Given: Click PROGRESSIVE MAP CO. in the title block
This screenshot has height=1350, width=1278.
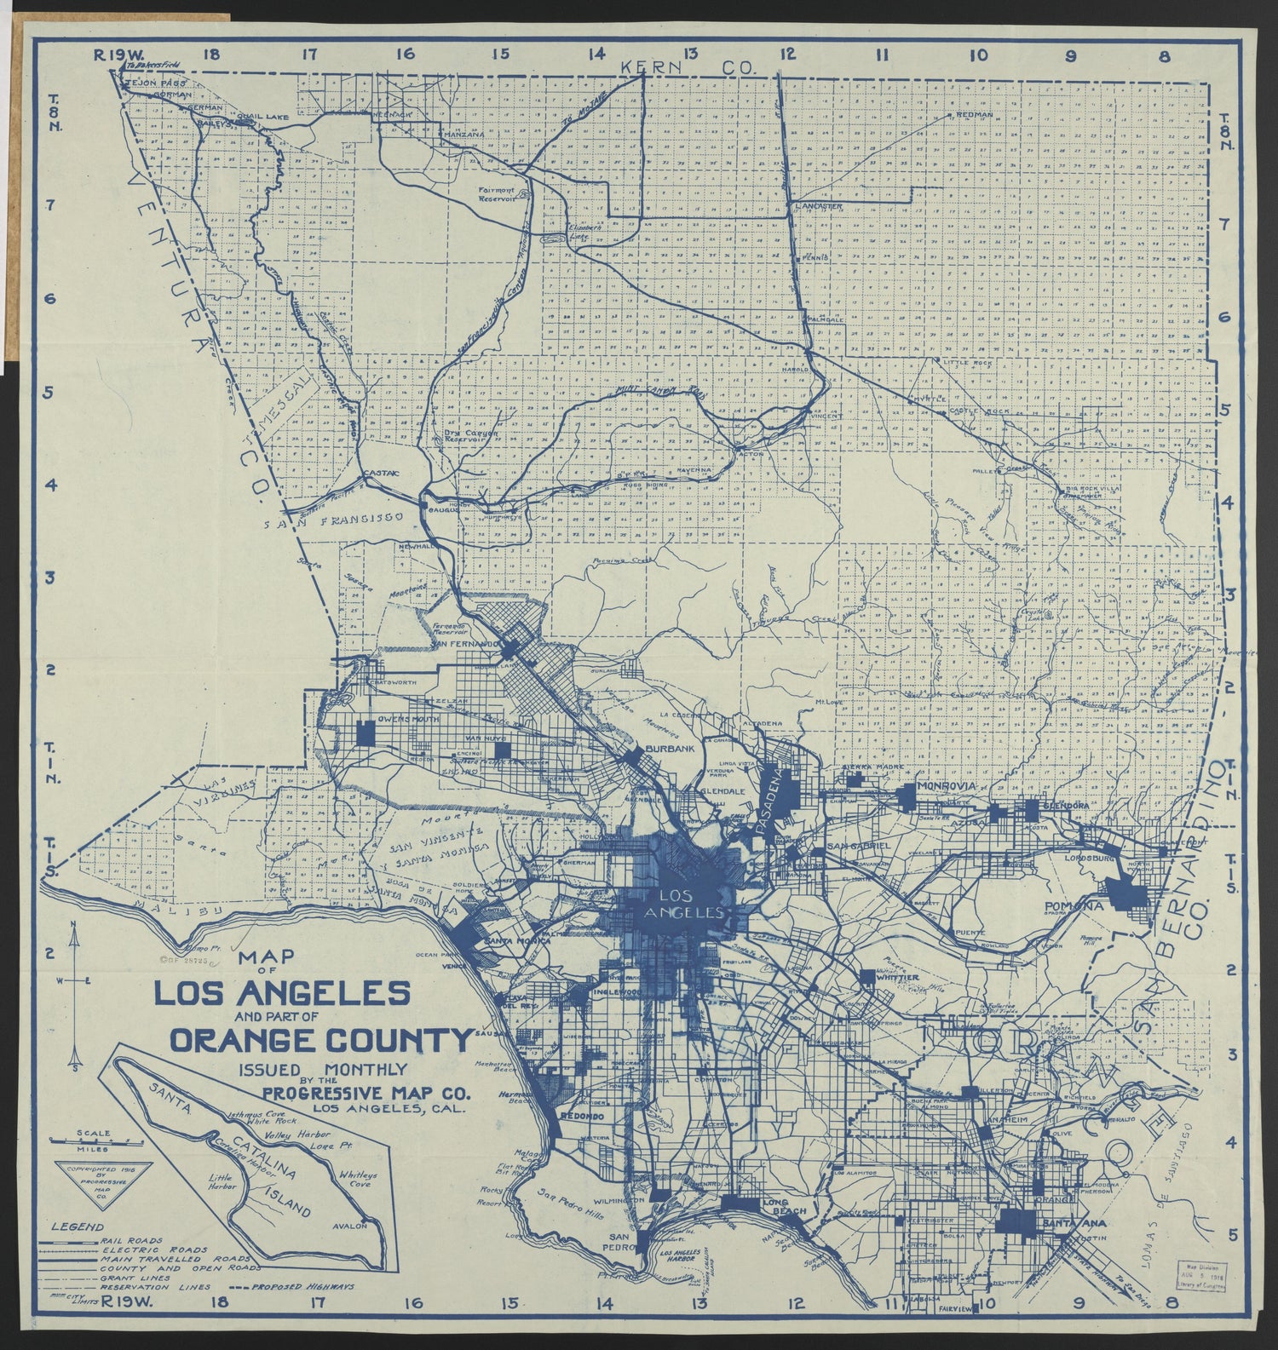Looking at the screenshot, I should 366,1094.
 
